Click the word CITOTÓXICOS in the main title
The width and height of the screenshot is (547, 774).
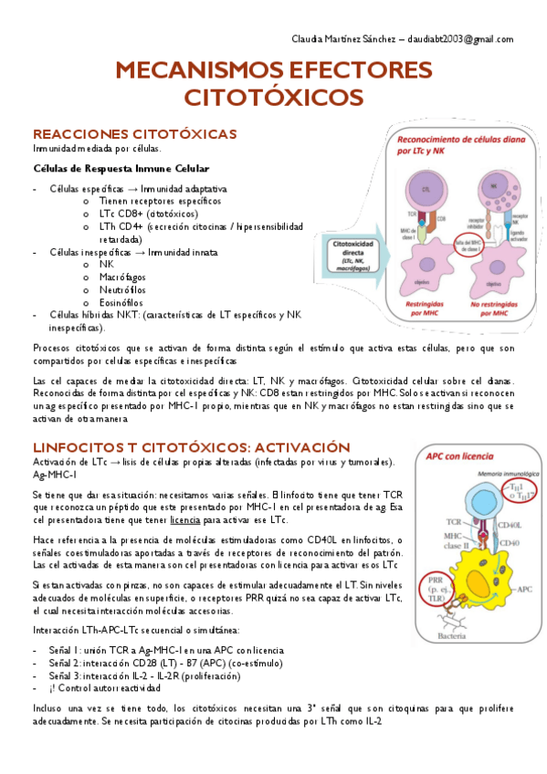[x=273, y=98]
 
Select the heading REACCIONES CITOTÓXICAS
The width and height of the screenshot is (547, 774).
[x=134, y=134]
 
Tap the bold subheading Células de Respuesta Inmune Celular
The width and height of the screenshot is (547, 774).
[x=121, y=169]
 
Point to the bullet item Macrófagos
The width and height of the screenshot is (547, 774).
[x=122, y=277]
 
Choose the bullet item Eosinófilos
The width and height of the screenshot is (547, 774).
[x=121, y=302]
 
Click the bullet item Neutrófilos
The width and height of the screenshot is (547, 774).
[x=121, y=289]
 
